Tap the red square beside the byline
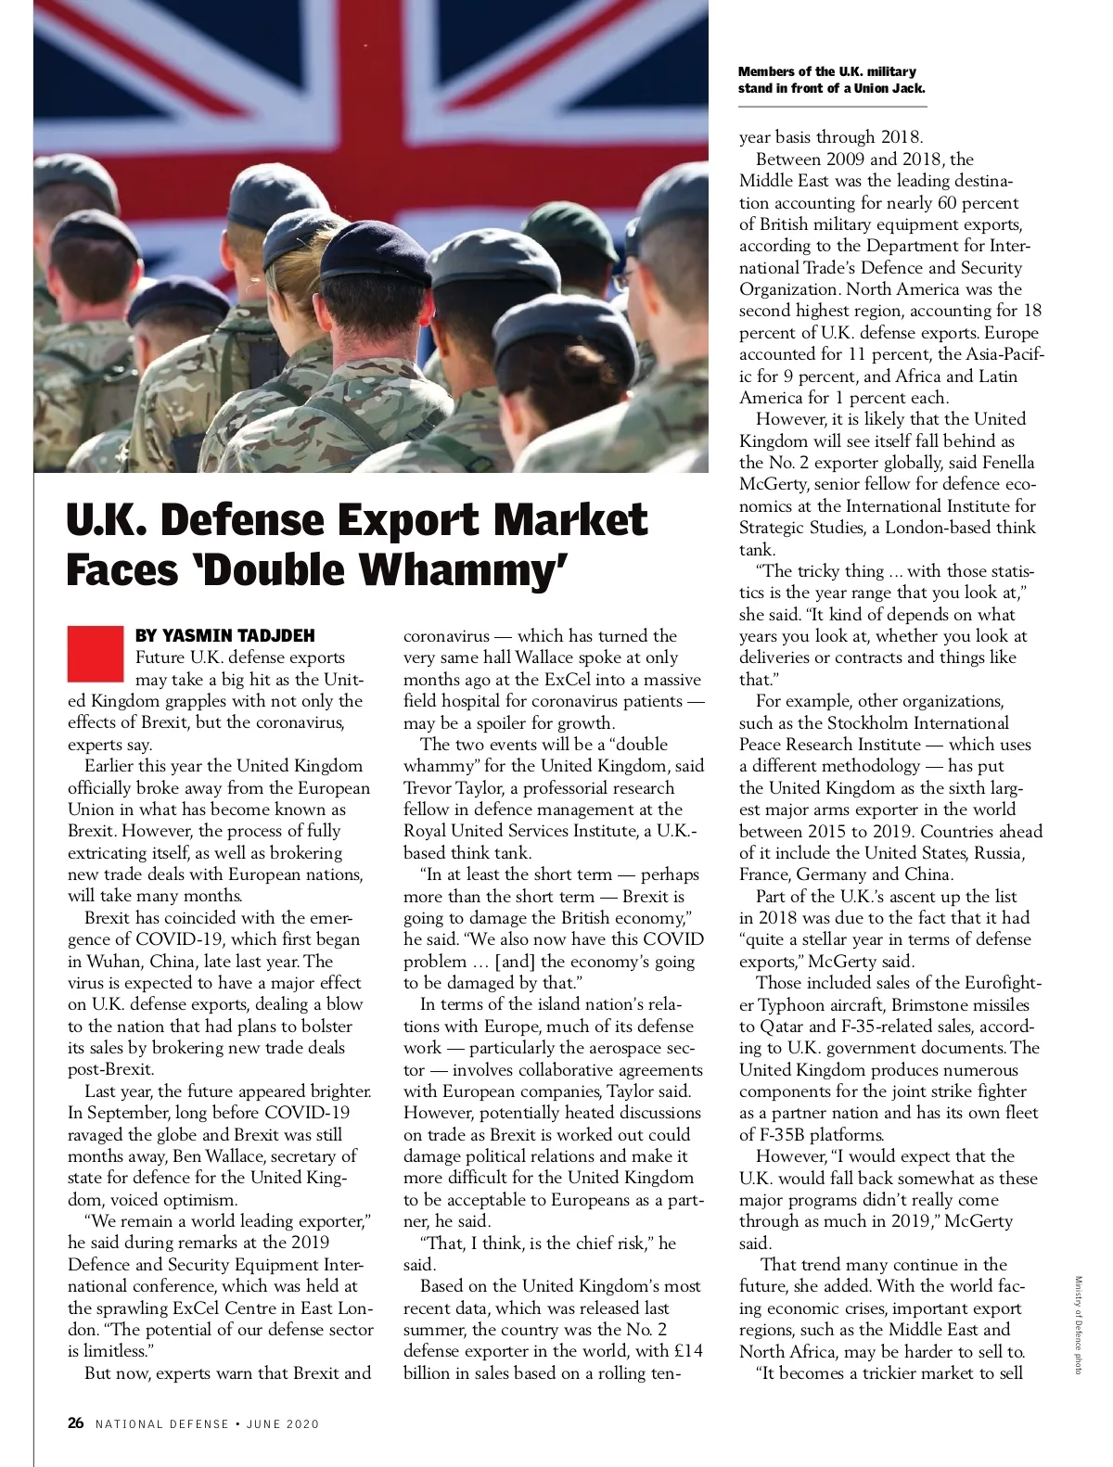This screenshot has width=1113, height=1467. [x=95, y=654]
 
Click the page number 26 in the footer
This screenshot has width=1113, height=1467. [x=76, y=1422]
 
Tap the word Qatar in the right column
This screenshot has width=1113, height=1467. [x=781, y=1026]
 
